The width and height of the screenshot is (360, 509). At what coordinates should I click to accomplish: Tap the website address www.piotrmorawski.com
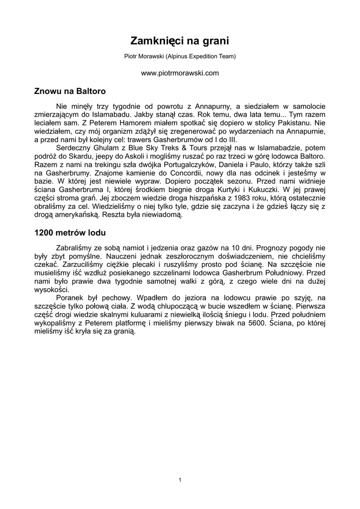coord(180,73)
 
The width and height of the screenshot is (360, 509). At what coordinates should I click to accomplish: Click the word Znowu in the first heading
coord(47,91)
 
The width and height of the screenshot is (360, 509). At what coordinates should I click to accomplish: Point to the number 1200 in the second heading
coord(44,233)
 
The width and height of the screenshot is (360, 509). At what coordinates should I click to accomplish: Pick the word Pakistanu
coord(292,121)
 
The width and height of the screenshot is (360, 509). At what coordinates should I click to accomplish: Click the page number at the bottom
coord(180,480)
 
